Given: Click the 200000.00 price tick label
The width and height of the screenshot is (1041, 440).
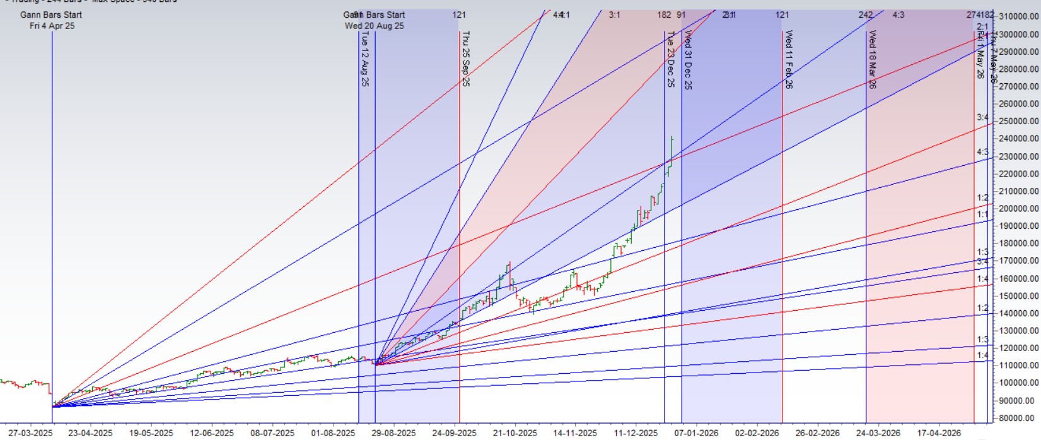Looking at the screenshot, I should [x=1016, y=209].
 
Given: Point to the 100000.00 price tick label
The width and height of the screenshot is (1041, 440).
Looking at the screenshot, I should [x=1016, y=383].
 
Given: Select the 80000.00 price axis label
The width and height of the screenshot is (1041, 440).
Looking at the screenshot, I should [x=1018, y=418].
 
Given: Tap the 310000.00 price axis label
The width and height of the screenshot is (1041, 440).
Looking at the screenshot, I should [x=1016, y=16].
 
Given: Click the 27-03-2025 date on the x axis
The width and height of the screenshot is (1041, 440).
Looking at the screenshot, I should [x=31, y=433].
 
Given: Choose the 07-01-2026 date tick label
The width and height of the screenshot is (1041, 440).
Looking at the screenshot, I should [x=697, y=433].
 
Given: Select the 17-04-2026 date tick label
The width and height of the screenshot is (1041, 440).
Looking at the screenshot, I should [x=939, y=433].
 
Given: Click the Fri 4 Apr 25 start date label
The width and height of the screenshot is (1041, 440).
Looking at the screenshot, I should [x=52, y=26].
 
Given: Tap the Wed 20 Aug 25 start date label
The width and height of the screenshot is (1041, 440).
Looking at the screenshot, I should [x=375, y=26].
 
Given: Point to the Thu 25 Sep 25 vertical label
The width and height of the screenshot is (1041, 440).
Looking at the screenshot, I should [x=465, y=59].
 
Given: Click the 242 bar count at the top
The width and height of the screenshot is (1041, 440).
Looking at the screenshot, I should [x=866, y=14].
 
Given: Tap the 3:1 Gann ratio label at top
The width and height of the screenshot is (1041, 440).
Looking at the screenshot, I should [x=614, y=14].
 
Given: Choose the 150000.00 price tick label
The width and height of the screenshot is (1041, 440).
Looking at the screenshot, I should [x=1016, y=296].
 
